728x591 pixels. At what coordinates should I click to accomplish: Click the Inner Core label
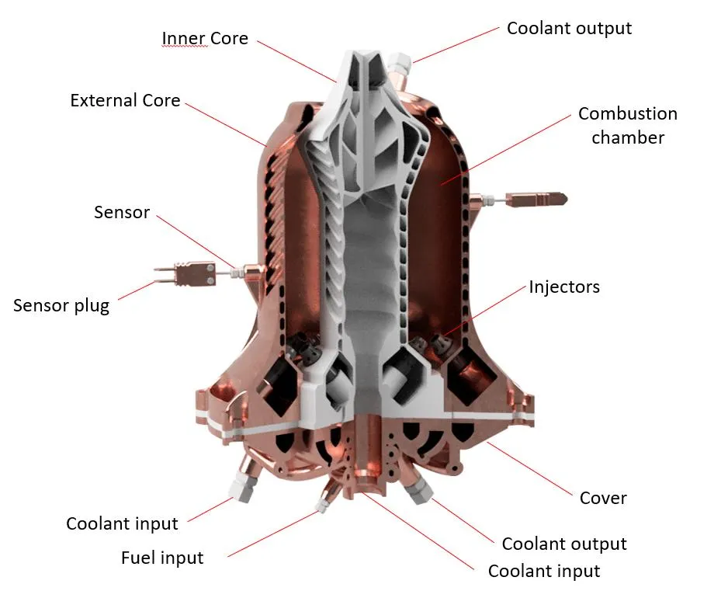205,38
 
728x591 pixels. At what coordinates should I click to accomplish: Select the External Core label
126,100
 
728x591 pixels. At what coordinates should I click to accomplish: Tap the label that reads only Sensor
122,212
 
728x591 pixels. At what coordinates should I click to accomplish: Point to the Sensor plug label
61,306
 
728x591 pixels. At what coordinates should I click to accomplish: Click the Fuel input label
162,558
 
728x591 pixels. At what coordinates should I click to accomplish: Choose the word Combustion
628,114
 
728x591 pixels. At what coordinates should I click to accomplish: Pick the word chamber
628,137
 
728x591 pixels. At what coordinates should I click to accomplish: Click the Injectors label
564,287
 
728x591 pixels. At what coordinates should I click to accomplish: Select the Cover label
603,498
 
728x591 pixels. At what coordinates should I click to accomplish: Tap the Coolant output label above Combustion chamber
569,28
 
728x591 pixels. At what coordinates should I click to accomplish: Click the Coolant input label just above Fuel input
122,523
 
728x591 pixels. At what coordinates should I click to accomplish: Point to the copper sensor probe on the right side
538,200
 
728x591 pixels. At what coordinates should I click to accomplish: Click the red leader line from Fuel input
274,534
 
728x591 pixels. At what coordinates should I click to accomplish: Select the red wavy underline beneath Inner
184,47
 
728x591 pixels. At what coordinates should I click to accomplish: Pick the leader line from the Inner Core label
296,61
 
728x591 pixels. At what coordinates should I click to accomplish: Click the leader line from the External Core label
226,124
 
